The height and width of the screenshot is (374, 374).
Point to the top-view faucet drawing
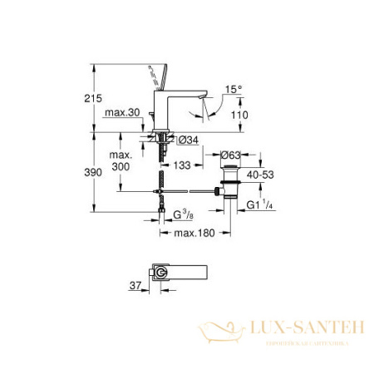pyautogui.click(x=174, y=274)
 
